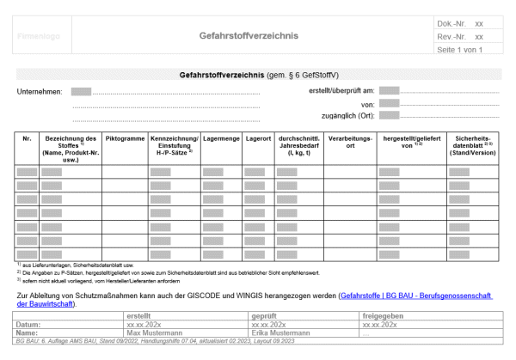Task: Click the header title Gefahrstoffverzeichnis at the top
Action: [260, 37]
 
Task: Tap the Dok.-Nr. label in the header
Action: [450, 24]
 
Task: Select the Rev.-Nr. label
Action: [450, 37]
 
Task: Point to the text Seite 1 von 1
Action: [462, 50]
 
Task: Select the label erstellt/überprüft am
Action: [341, 90]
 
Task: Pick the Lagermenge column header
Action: [221, 137]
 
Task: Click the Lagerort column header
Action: [258, 137]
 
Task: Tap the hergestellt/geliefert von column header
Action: [411, 141]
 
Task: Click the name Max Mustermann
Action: [155, 333]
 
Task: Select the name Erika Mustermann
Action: [279, 333]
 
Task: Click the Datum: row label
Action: [30, 325]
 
